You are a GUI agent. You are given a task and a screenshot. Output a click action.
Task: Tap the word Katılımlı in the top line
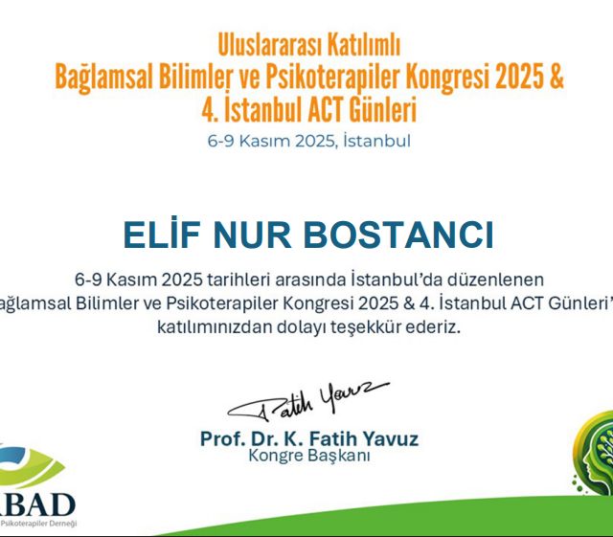[x=363, y=43]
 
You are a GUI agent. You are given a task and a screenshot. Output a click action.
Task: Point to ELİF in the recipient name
[x=168, y=235]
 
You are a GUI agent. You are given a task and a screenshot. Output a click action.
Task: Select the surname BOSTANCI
[x=401, y=235]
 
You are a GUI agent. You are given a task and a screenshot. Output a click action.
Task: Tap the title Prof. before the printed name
[x=223, y=439]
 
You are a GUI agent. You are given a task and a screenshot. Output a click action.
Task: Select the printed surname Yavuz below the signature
[x=390, y=439]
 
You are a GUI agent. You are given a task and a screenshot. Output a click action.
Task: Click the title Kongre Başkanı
[x=308, y=457]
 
